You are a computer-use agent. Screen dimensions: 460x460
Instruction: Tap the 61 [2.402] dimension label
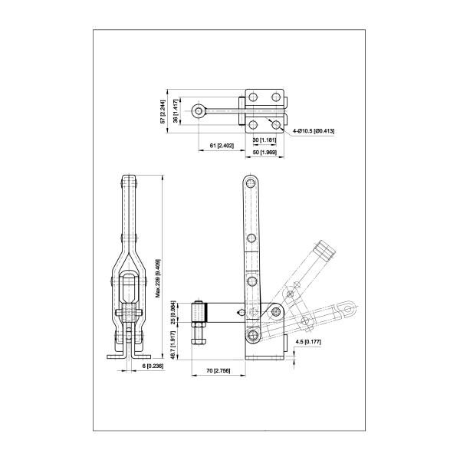click(x=222, y=146)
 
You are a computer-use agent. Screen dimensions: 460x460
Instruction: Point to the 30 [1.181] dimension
click(x=264, y=140)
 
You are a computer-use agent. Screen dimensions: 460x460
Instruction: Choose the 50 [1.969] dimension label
click(x=264, y=153)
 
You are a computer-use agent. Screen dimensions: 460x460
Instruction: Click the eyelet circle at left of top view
click(x=199, y=110)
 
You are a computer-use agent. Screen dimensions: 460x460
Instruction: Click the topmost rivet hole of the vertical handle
click(x=250, y=185)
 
